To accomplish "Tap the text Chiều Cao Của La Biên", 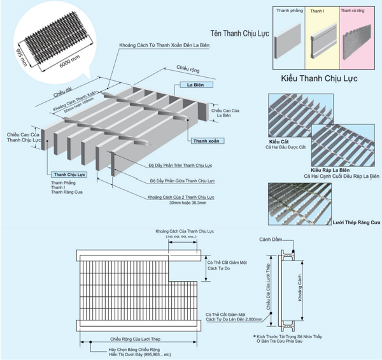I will (223, 113).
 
